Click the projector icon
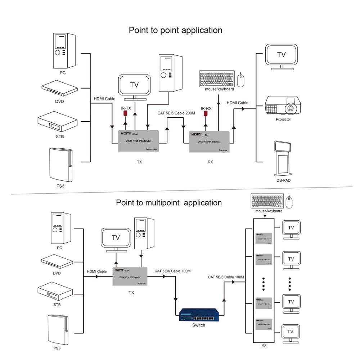point(283,105)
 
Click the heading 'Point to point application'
point(175,30)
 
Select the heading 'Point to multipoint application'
point(169,203)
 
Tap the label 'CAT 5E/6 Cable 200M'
point(176,113)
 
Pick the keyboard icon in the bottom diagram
point(267,202)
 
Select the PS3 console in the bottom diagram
point(57,329)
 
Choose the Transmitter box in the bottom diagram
point(130,277)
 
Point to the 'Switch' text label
point(198,325)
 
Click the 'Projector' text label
point(283,120)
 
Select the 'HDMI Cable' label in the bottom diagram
point(97,271)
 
